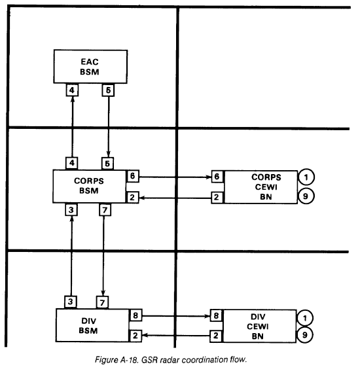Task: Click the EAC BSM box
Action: pyautogui.click(x=90, y=67)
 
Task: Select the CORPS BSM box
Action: pyautogui.click(x=89, y=186)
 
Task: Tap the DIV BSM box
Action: pyautogui.click(x=92, y=325)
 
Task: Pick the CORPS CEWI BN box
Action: pyautogui.click(x=261, y=187)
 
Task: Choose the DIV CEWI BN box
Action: pyautogui.click(x=259, y=326)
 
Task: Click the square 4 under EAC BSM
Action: pyautogui.click(x=72, y=90)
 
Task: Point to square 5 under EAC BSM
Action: pyautogui.click(x=108, y=90)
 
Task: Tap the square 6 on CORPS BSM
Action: pyautogui.click(x=133, y=176)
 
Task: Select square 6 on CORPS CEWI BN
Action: pyautogui.click(x=217, y=177)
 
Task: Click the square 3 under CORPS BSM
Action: pyautogui.click(x=71, y=210)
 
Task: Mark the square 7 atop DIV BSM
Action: pyautogui.click(x=102, y=302)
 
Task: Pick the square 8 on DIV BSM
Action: pyautogui.click(x=135, y=315)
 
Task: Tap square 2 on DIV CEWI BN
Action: pyautogui.click(x=216, y=336)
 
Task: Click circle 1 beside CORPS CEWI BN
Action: pyautogui.click(x=306, y=177)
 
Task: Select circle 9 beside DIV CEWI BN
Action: pyautogui.click(x=304, y=335)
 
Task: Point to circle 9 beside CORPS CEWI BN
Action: pyautogui.click(x=306, y=196)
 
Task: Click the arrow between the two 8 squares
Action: pyautogui.click(x=176, y=316)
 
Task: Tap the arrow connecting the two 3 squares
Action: pyautogui.click(x=71, y=256)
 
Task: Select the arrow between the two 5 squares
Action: pyautogui.click(x=109, y=127)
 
